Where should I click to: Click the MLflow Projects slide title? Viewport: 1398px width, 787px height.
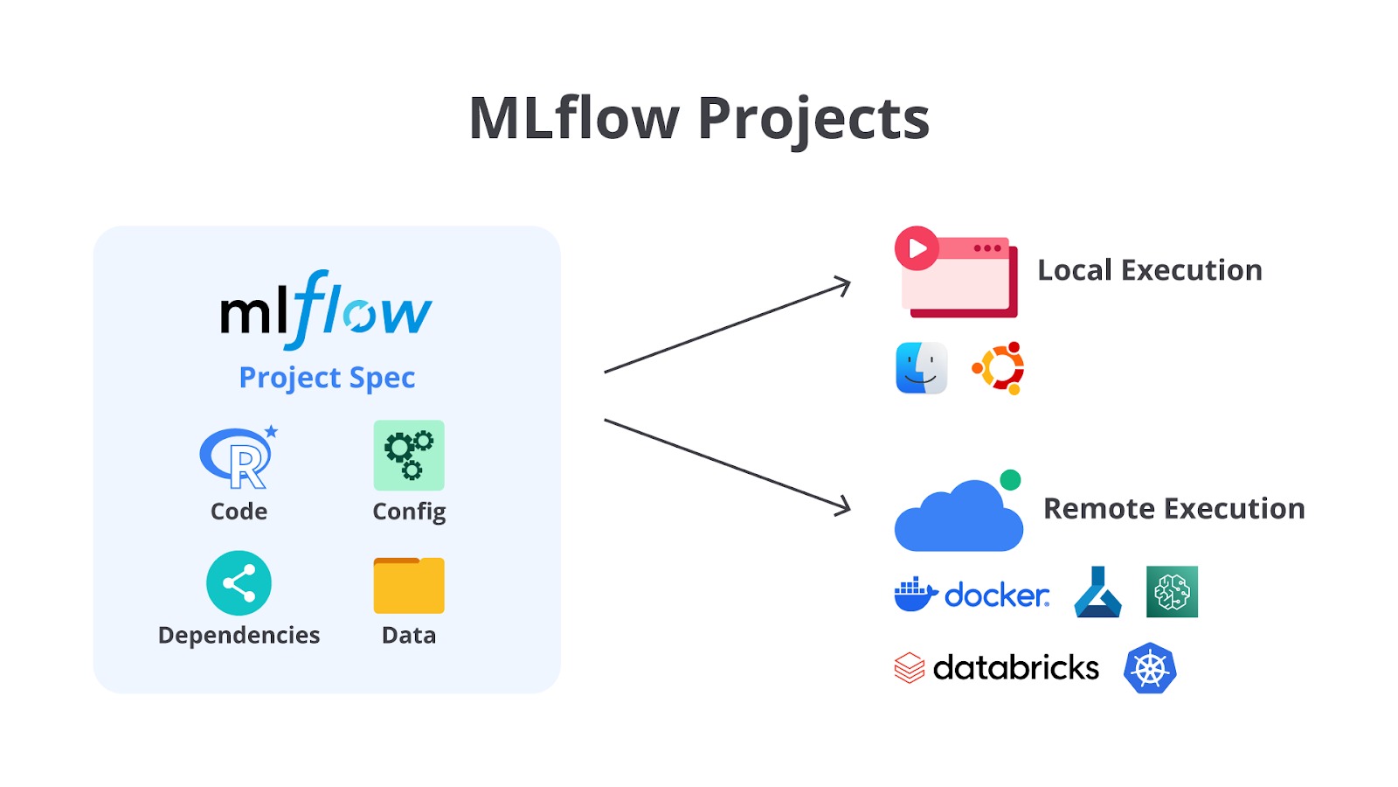(699, 118)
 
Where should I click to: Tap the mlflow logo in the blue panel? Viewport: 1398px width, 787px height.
(325, 310)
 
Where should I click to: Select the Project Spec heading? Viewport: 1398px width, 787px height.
(327, 378)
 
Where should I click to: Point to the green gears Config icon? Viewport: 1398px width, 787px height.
(409, 455)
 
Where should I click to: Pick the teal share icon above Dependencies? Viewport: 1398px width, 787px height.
(239, 582)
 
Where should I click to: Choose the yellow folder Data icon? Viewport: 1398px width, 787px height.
(409, 585)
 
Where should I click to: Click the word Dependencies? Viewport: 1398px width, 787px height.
(239, 635)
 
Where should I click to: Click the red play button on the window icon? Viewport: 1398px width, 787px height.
(917, 248)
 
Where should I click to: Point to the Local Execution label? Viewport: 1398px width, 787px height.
(1150, 270)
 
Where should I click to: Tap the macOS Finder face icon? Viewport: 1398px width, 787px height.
(922, 368)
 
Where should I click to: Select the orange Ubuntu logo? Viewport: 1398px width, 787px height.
(999, 368)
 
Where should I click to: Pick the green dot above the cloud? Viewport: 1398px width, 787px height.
(1010, 479)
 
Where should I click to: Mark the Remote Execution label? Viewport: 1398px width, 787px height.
(1173, 509)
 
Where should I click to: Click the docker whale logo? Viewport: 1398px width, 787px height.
(915, 595)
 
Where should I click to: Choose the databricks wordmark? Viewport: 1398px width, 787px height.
(1015, 668)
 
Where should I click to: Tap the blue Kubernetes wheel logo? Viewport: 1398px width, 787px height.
(1150, 669)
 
